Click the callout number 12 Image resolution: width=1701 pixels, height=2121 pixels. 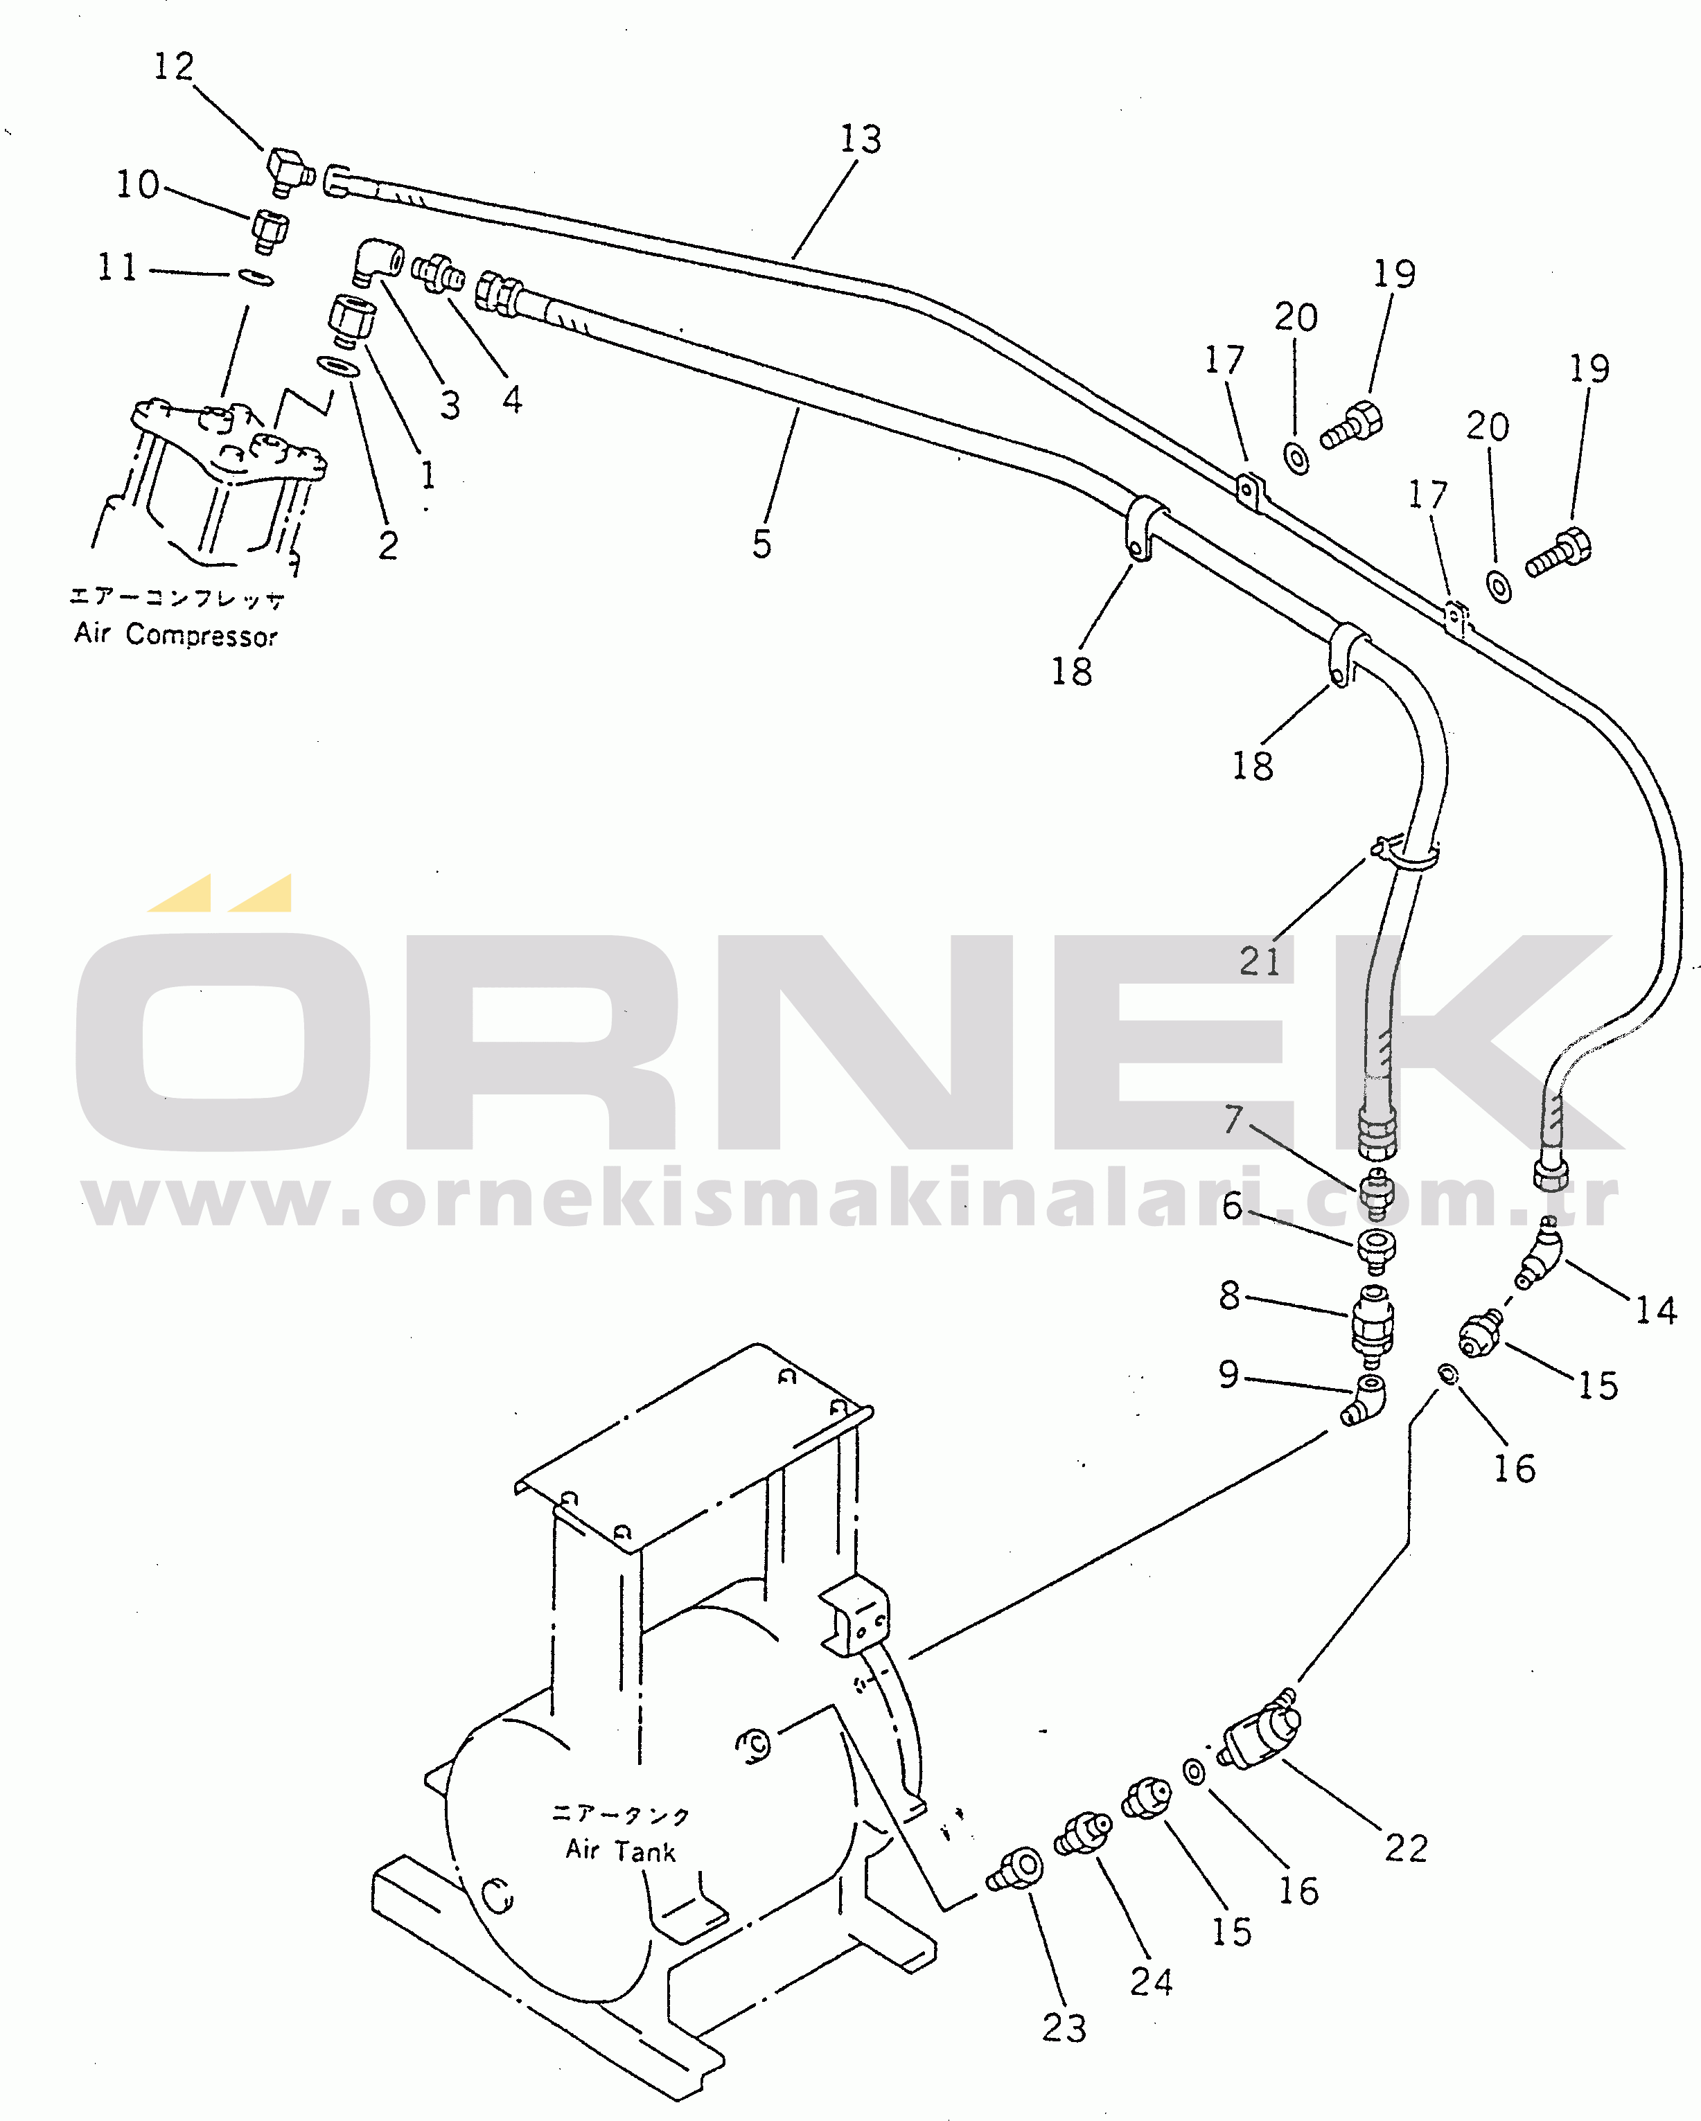(174, 67)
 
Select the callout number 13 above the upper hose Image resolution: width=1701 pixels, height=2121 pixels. (860, 140)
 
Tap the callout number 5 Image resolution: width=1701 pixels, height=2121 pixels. (761, 544)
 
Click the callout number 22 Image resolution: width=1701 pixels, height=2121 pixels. (1406, 1849)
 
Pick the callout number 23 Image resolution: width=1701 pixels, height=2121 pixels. (1064, 2027)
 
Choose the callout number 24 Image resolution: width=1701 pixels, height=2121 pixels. (1151, 1981)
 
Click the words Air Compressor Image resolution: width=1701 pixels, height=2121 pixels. (175, 635)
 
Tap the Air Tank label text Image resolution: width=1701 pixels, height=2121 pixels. (620, 1850)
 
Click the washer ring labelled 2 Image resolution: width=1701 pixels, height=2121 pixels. (337, 367)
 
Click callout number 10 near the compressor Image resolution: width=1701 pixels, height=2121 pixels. (138, 185)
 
